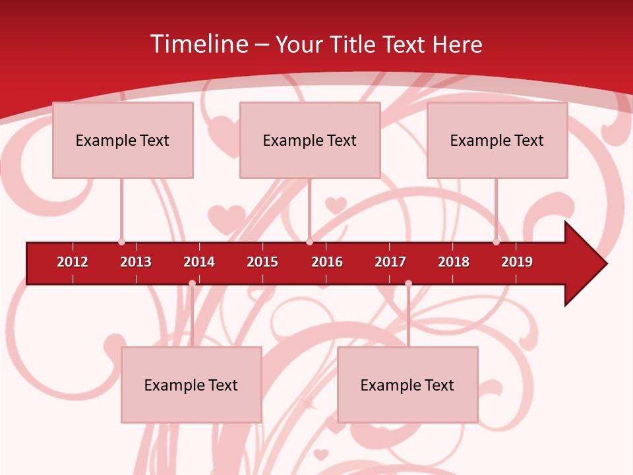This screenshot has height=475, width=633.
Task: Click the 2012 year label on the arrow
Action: coord(73,262)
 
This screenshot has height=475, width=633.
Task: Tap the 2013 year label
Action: coord(136,262)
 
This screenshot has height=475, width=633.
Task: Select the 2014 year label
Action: coord(199,262)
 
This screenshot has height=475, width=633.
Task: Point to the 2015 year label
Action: coord(262,262)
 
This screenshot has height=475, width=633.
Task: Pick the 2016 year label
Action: coord(327,262)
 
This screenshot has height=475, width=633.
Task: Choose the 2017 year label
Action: coord(390,262)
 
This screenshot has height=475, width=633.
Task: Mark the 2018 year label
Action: coord(454,262)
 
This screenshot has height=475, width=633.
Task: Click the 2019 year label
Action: coord(517,262)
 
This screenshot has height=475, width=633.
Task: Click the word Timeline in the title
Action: coord(200,44)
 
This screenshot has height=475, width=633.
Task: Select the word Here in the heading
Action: coord(457,44)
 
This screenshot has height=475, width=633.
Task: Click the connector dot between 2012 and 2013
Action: coord(121,241)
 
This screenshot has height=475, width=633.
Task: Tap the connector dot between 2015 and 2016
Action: coord(309,241)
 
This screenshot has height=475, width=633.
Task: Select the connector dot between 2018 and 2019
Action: coord(497,241)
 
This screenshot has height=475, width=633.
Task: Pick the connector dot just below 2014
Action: coord(192,283)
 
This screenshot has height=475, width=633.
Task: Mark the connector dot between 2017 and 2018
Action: coord(408,283)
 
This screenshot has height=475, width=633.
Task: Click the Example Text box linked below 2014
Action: coord(191,385)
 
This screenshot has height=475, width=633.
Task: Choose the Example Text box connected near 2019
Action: coord(497,140)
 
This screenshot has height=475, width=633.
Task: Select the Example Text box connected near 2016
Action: coord(310,140)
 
